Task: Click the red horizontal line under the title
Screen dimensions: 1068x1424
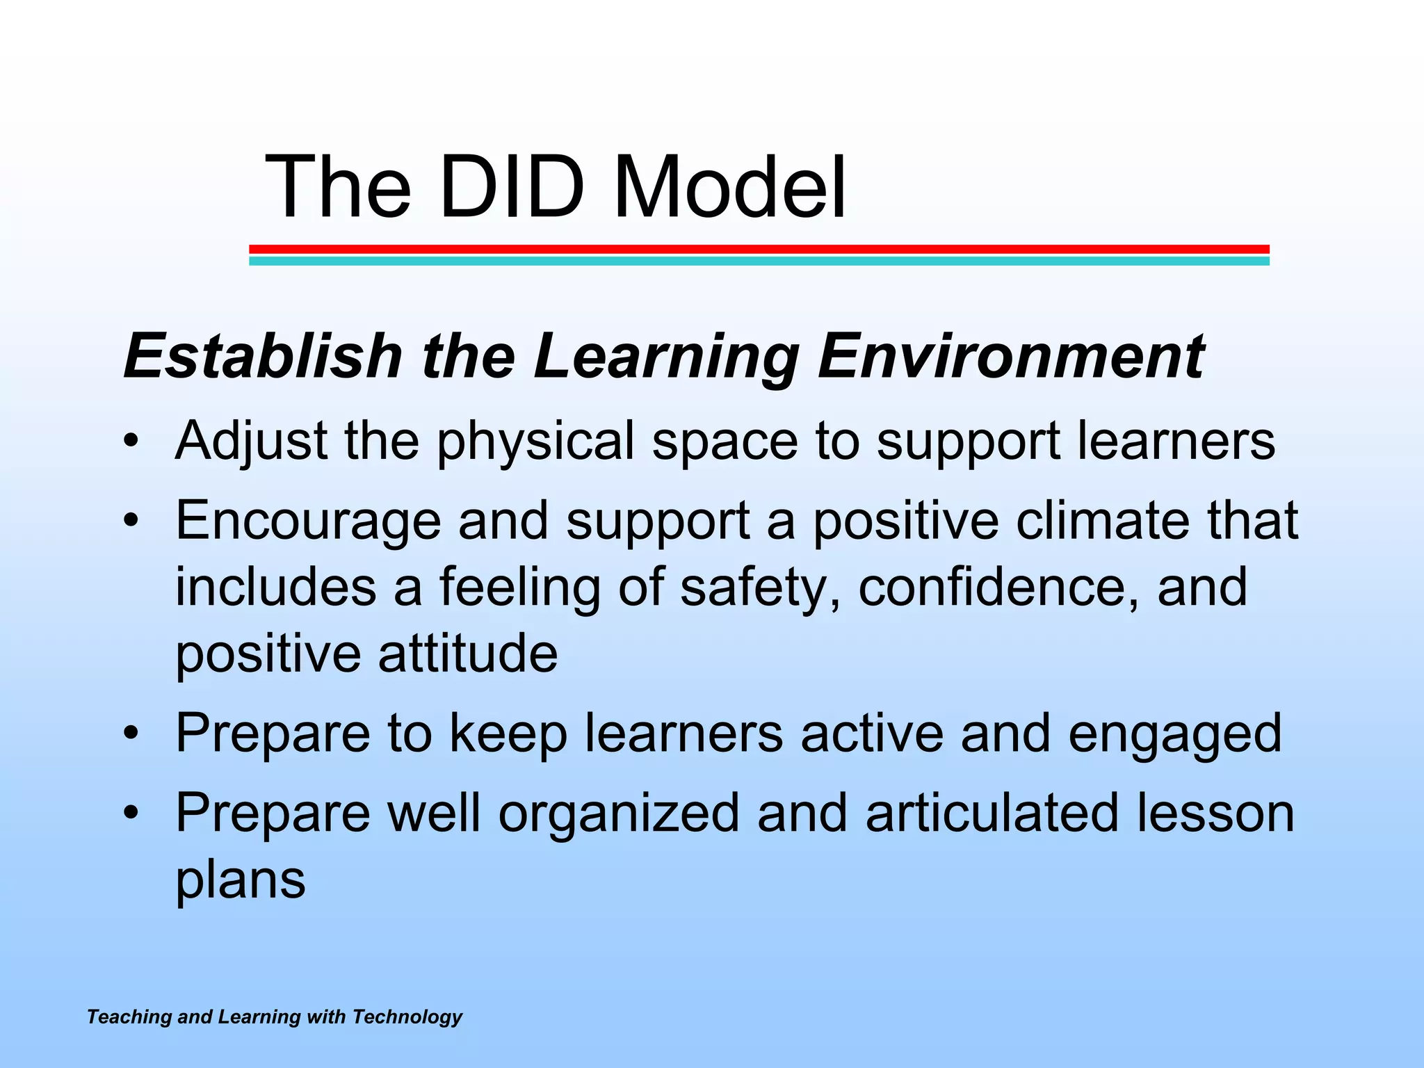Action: pyautogui.click(x=759, y=249)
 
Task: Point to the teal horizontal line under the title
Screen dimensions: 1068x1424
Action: pyautogui.click(x=759, y=261)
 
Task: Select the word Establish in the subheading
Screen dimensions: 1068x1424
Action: pyautogui.click(x=263, y=356)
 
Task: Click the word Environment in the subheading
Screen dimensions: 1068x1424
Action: pyautogui.click(x=1010, y=356)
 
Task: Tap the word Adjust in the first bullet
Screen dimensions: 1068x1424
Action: pyautogui.click(x=251, y=441)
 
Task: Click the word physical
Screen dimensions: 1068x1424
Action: pyautogui.click(x=535, y=442)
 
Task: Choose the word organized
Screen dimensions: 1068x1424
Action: pyautogui.click(x=619, y=814)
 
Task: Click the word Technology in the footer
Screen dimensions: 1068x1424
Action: pyautogui.click(x=407, y=1017)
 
